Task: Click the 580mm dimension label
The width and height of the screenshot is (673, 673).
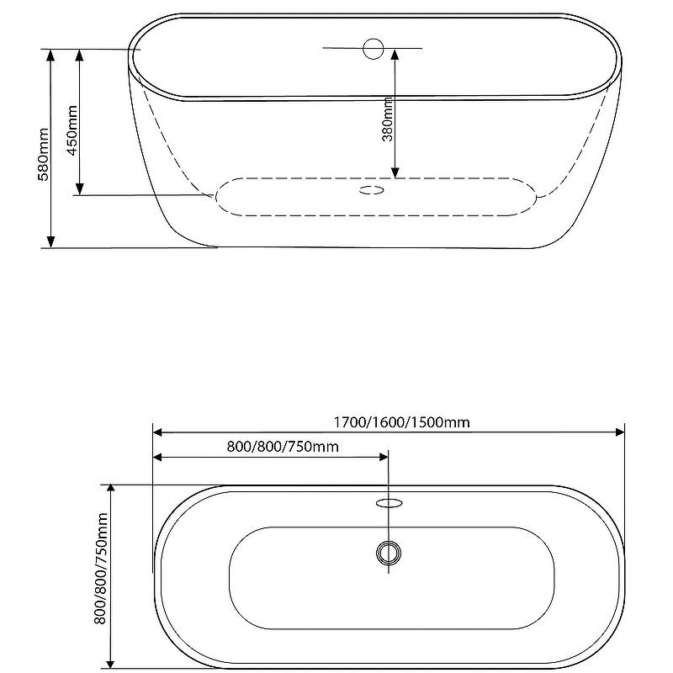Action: point(44,154)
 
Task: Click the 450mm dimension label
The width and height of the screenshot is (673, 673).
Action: point(72,130)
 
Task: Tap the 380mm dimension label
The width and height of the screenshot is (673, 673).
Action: point(387,119)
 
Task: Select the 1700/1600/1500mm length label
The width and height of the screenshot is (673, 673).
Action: point(402,422)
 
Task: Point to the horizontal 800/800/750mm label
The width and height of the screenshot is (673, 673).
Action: point(283,447)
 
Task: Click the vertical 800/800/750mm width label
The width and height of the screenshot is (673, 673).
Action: point(100,569)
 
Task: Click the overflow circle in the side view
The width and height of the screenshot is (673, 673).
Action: point(373,49)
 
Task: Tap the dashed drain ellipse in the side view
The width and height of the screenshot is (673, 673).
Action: point(371,190)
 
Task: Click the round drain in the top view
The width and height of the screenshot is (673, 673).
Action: point(389,553)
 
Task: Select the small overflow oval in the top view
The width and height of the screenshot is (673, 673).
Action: point(389,502)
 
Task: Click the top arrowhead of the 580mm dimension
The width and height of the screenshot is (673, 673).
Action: point(50,56)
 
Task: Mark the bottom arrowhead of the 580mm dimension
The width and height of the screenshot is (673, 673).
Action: point(50,242)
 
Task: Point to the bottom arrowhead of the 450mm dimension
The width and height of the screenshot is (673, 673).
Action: point(79,189)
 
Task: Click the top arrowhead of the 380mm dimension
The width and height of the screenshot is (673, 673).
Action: point(395,55)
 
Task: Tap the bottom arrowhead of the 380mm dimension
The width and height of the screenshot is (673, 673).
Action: point(395,172)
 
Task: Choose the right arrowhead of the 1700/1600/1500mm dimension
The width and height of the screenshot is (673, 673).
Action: point(619,432)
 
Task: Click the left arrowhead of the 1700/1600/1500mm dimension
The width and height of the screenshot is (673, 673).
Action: point(158,432)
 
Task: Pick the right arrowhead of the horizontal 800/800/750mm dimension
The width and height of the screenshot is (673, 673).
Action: point(384,457)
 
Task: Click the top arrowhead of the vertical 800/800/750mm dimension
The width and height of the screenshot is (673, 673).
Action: point(111,490)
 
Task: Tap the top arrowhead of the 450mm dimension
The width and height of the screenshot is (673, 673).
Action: point(79,56)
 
